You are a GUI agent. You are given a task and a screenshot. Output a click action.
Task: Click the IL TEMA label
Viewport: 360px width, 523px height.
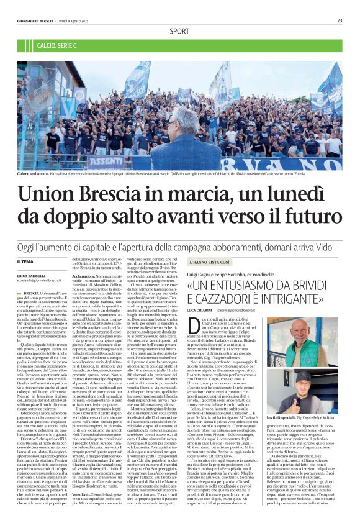tap(25, 263)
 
